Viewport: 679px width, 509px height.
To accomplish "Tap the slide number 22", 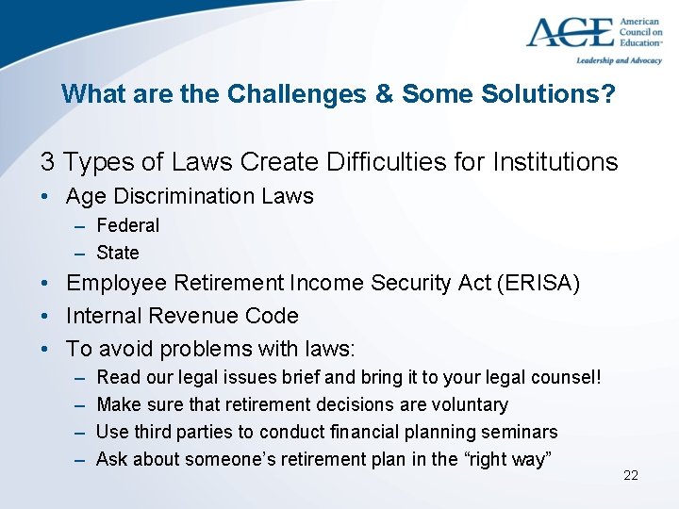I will coord(631,475).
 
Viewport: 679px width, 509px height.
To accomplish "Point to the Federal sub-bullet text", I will coord(128,225).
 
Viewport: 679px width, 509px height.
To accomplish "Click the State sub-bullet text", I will coord(118,253).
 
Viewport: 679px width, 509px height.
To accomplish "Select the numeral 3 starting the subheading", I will coord(47,162).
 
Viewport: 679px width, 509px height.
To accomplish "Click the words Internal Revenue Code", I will coord(182,316).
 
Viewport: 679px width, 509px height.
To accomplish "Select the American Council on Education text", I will coord(640,30).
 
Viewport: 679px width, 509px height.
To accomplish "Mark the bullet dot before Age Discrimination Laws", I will coord(45,196).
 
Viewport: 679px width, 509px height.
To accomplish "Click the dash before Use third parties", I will coord(75,432).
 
